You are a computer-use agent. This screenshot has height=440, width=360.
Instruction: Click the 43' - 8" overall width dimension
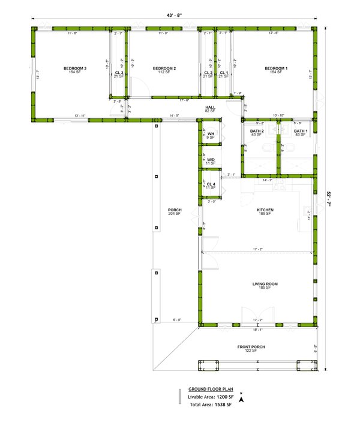pos(174,16)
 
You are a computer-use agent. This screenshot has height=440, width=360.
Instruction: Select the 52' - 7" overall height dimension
pos(329,197)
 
